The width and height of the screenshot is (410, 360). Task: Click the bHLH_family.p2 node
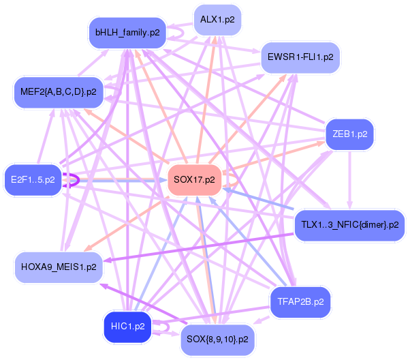point(127,33)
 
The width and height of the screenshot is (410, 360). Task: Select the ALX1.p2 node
point(217,20)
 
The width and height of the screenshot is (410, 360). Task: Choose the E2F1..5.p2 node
point(32,179)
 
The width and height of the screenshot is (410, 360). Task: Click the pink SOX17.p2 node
point(194,180)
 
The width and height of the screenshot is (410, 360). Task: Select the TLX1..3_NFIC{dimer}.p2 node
point(349,224)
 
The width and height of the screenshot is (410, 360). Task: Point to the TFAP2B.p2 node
point(300,299)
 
